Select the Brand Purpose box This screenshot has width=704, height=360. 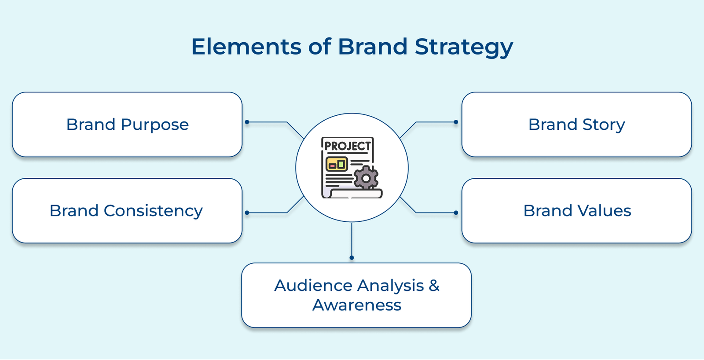click(x=127, y=125)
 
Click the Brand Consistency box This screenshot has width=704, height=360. click(x=127, y=211)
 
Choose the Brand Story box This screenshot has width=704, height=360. click(x=576, y=125)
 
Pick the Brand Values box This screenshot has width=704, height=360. click(x=576, y=211)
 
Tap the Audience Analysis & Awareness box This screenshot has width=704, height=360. click(x=356, y=295)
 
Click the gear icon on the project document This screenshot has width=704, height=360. click(x=366, y=178)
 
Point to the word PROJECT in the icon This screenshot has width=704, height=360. click(x=348, y=146)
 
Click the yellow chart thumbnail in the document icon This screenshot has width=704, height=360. click(x=337, y=164)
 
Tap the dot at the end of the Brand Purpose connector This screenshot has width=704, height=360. click(x=247, y=122)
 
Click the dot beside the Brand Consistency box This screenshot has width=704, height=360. click(x=247, y=213)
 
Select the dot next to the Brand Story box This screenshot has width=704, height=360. click(x=456, y=122)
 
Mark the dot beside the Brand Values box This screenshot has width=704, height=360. click(x=456, y=213)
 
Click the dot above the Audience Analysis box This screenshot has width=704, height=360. click(x=352, y=257)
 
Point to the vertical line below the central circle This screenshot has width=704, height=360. click(x=352, y=240)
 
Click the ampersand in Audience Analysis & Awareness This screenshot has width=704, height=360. click(x=434, y=286)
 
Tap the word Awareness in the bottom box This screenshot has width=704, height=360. click(x=357, y=305)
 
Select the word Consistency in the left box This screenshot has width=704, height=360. click(x=153, y=211)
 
